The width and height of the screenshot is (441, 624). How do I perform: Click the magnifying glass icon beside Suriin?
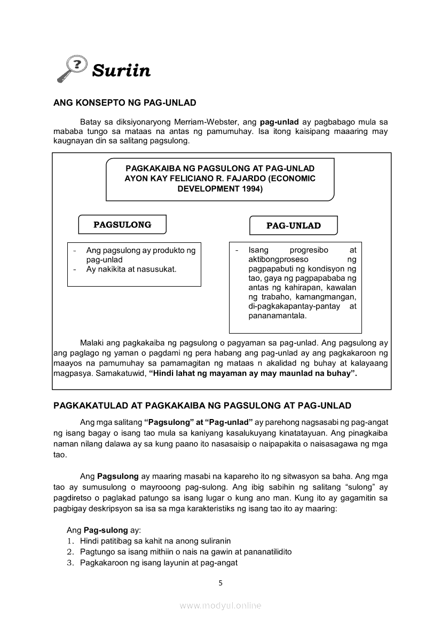[x=72, y=70]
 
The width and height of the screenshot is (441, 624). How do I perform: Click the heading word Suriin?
[x=121, y=70]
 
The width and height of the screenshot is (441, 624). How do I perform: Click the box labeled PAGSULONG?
[x=122, y=225]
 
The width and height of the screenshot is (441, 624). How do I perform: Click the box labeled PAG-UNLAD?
[x=294, y=226]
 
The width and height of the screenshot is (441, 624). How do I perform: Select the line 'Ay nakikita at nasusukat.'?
[x=131, y=269]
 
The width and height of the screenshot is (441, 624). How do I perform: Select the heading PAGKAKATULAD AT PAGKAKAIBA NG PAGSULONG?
[x=202, y=406]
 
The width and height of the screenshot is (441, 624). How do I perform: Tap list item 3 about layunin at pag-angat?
[x=159, y=563]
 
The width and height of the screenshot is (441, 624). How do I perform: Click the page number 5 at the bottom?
[x=220, y=583]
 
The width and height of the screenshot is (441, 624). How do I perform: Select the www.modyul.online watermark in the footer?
[x=220, y=605]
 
